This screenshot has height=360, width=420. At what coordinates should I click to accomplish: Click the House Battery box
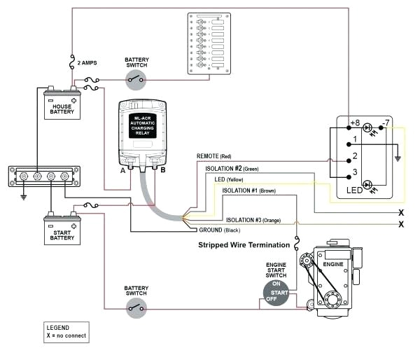[62, 104]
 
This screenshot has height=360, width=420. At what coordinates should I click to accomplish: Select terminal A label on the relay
[123, 169]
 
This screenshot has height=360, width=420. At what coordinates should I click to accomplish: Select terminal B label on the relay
[162, 169]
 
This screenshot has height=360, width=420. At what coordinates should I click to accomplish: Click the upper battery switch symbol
[136, 79]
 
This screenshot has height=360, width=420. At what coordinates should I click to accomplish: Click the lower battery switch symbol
[136, 307]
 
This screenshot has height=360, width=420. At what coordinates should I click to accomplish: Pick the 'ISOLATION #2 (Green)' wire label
[232, 168]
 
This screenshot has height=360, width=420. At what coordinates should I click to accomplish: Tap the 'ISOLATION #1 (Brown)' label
[250, 191]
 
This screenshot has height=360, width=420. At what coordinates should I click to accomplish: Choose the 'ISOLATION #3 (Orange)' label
[253, 220]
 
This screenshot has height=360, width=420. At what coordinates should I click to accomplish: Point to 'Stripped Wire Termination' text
[243, 245]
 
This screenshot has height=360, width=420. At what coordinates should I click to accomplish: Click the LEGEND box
[66, 331]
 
